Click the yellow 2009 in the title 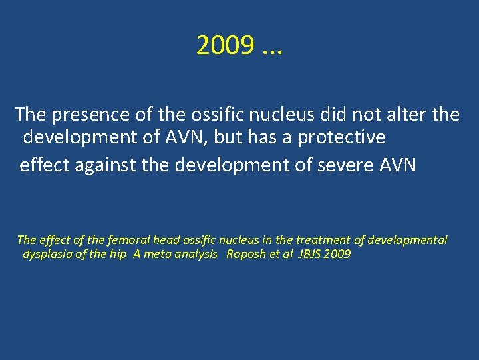coord(225,45)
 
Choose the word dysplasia coord(48,255)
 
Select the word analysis coord(195,255)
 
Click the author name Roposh coord(246,255)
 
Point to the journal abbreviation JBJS coord(311,255)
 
